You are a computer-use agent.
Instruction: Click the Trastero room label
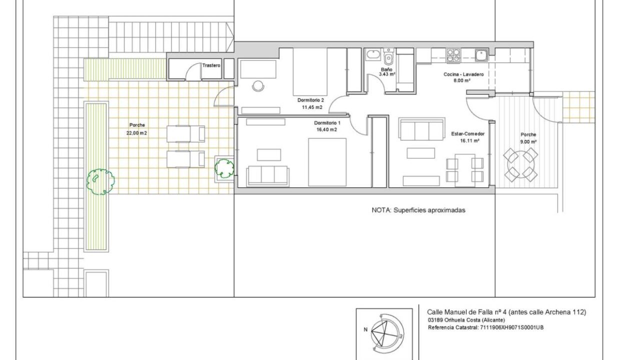pyautogui.click(x=211, y=65)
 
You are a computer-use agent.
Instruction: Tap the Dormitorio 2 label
pyautogui.click(x=310, y=100)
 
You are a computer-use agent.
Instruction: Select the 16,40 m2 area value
pyautogui.click(x=327, y=129)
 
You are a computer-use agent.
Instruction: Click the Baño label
pyautogui.click(x=386, y=69)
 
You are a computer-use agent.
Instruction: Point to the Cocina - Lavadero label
pyautogui.click(x=463, y=74)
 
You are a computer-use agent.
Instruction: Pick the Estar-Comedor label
pyautogui.click(x=468, y=134)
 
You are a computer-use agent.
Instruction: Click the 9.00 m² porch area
pyautogui.click(x=528, y=141)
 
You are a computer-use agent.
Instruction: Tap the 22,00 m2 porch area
pyautogui.click(x=136, y=133)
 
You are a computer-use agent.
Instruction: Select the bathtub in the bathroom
pyautogui.click(x=373, y=54)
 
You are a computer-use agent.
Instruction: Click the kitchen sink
pyautogui.click(x=481, y=54)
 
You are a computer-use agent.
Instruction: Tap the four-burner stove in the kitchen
pyautogui.click(x=453, y=55)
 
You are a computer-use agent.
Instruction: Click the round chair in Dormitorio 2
pyautogui.click(x=258, y=86)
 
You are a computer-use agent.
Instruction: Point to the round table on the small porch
pyautogui.click(x=520, y=164)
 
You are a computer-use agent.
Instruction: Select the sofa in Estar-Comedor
pyautogui.click(x=421, y=128)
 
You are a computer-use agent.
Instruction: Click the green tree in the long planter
pyautogui.click(x=100, y=181)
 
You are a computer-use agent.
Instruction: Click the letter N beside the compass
pyautogui.click(x=365, y=329)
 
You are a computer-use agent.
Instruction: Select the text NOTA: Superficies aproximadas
pyautogui.click(x=418, y=210)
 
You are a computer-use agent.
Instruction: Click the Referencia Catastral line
pyautogui.click(x=486, y=327)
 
